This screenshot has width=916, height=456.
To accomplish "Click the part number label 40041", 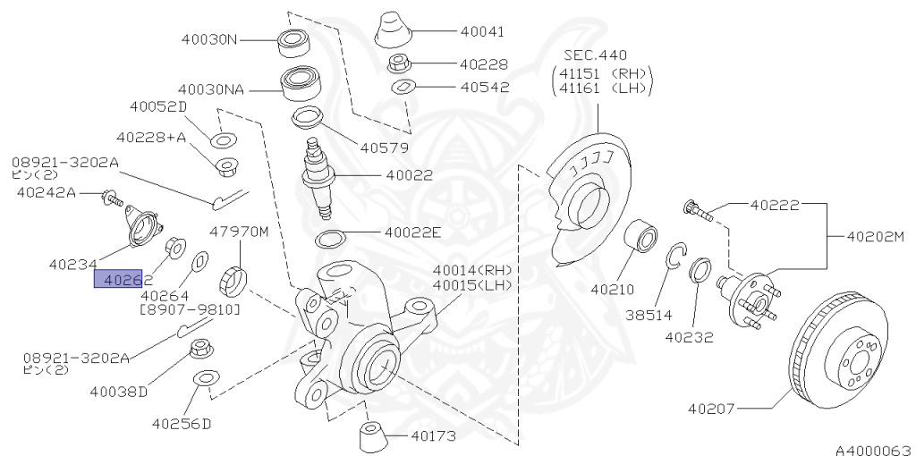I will click(482, 31).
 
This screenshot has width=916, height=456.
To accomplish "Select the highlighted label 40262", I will click(118, 279).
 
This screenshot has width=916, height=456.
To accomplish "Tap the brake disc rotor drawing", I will click(841, 350).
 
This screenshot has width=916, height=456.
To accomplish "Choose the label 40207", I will click(711, 409).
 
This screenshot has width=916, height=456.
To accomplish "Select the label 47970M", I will click(239, 232).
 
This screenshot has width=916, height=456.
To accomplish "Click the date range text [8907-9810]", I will click(190, 309).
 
